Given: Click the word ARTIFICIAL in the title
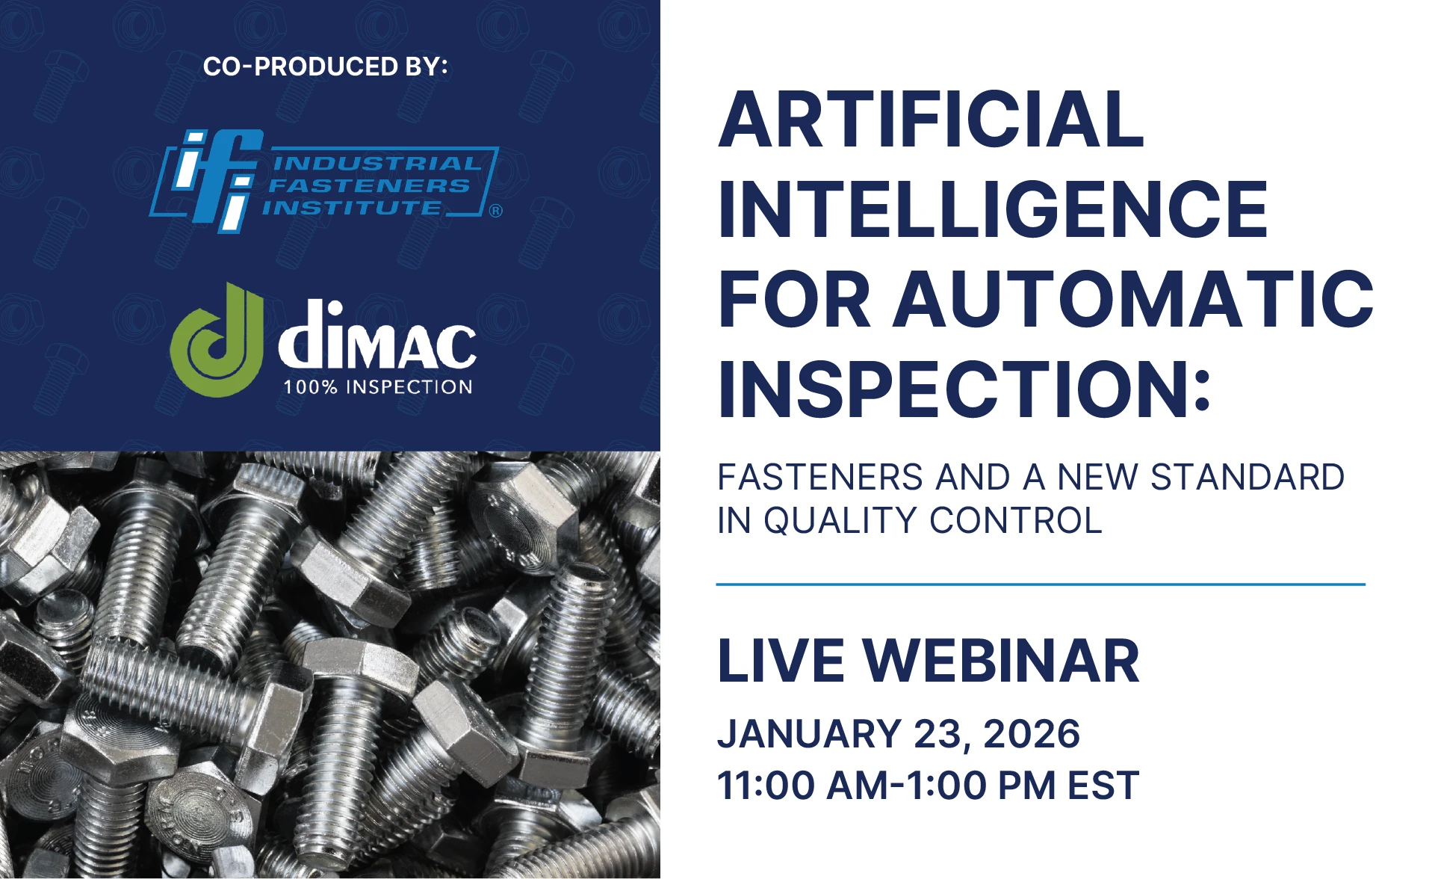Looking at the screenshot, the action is [931, 120].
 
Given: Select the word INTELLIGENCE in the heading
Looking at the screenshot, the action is [993, 209].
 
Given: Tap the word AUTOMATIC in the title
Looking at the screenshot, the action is [1134, 299].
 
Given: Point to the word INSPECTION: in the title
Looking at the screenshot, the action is [964, 389].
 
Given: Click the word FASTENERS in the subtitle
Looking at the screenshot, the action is [819, 477].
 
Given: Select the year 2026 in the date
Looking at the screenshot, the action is [1032, 734].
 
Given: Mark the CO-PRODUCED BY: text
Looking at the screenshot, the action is [326, 67].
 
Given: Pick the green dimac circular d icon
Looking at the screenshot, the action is [217, 340].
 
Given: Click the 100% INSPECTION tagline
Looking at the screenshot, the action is [378, 386].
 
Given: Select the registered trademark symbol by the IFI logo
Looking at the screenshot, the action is [496, 211].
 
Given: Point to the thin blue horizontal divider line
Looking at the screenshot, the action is [1041, 585].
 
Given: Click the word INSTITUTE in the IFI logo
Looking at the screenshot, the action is [352, 207].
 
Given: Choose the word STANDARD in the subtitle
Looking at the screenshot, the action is [1248, 477].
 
